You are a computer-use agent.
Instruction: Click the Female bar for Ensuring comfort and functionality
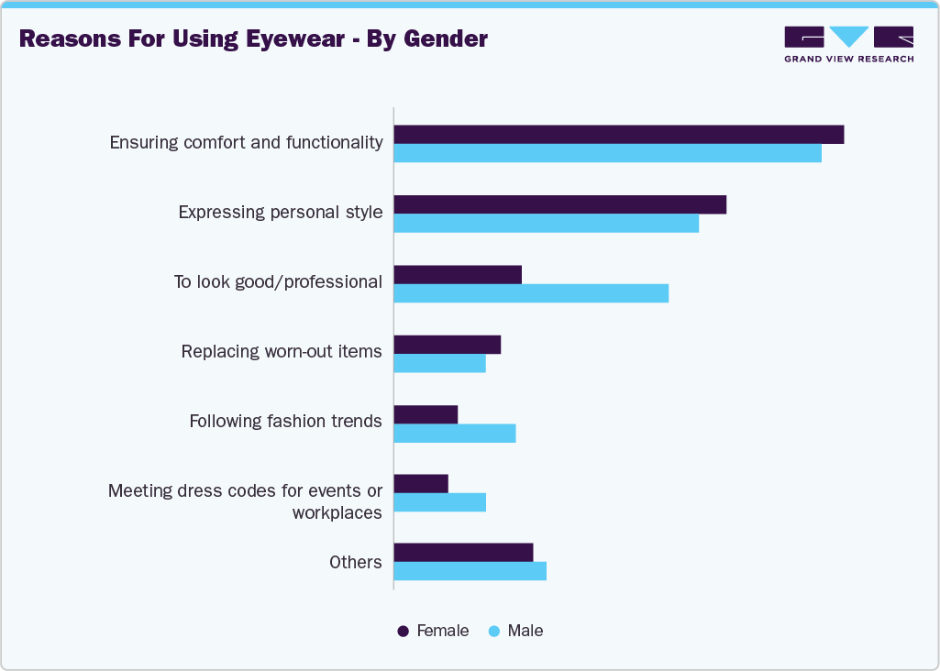[x=619, y=135]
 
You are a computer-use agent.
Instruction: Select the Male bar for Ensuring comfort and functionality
[x=607, y=153]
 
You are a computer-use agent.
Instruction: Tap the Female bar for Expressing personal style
[x=559, y=204]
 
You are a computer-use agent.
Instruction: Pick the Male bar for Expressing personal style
[x=546, y=223]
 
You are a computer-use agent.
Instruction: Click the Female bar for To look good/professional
[x=458, y=274]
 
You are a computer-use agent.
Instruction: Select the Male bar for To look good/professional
[x=531, y=292]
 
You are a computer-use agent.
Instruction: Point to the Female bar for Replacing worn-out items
[x=448, y=345]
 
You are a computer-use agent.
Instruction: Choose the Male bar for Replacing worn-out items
[x=439, y=363]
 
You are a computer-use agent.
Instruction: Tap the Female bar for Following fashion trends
[x=426, y=414]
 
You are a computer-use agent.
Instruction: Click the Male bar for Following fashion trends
[x=455, y=433]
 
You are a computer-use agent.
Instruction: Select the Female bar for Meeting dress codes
[x=421, y=484]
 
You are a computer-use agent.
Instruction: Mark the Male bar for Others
[x=470, y=571]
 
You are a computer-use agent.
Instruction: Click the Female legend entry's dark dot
[x=403, y=632]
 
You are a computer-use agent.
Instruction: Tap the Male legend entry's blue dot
[x=493, y=632]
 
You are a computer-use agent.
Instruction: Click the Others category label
[x=355, y=562]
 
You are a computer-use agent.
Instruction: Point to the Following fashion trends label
[x=285, y=422]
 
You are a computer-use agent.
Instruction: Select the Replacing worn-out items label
[x=281, y=352]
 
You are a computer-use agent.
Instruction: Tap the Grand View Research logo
[x=848, y=44]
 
